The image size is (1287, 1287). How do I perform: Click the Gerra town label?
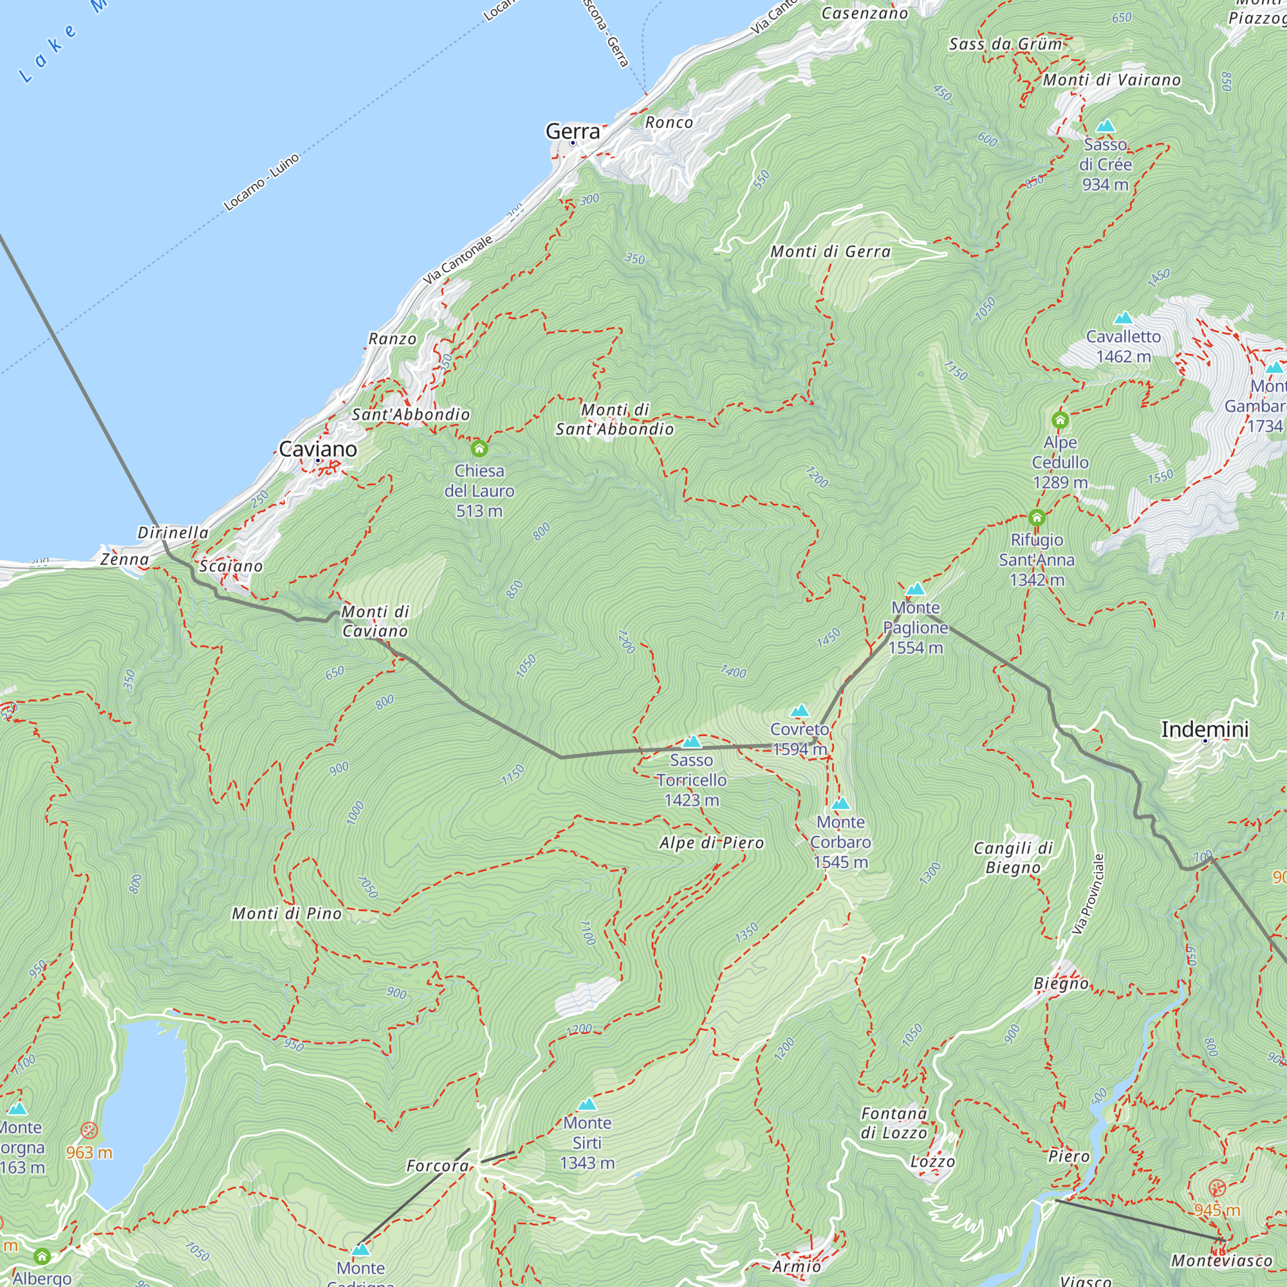tap(572, 131)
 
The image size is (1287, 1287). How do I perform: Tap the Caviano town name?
tap(318, 449)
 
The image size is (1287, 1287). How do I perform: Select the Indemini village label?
tap(1205, 730)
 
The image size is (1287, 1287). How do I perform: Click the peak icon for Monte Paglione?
tap(915, 589)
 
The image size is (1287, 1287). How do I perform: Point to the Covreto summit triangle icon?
tap(799, 711)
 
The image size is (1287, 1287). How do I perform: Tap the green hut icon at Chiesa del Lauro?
tap(479, 449)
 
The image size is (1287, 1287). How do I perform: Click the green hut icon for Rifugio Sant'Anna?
tap(1037, 517)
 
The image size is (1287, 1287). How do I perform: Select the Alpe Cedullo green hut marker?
tap(1060, 420)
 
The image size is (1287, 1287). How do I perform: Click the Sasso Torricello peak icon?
tap(692, 742)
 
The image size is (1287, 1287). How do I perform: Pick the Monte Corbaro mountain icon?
tap(840, 804)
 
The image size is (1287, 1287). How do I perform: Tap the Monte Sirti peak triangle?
tap(587, 1105)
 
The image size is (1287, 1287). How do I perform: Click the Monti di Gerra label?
tap(830, 252)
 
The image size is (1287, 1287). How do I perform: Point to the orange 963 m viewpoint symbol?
tap(89, 1131)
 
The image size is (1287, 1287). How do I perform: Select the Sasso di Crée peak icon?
tap(1105, 126)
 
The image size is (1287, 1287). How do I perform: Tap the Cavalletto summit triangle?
tap(1123, 318)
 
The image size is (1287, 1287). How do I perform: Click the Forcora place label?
tap(438, 1167)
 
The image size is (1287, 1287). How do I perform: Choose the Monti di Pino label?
tap(286, 914)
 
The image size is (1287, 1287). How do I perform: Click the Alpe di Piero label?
tap(712, 844)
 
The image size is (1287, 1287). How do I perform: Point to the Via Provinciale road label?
tap(1089, 894)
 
